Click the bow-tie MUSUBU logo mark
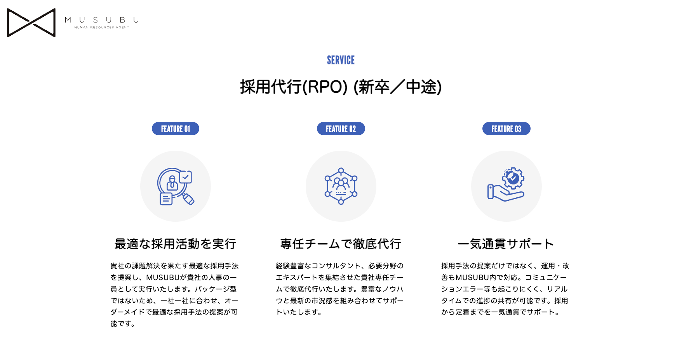[31, 23]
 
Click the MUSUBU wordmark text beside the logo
[102, 20]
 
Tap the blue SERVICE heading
[341, 60]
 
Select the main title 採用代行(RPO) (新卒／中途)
[341, 87]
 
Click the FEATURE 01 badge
[176, 129]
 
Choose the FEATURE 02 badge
[341, 129]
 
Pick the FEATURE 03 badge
[506, 129]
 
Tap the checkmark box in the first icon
[185, 177]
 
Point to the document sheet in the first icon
[166, 199]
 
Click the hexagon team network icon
[341, 186]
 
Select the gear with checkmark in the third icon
[513, 178]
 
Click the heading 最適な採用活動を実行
[175, 244]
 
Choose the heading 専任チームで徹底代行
[341, 244]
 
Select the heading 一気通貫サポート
[506, 244]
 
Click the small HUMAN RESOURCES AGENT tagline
[102, 28]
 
